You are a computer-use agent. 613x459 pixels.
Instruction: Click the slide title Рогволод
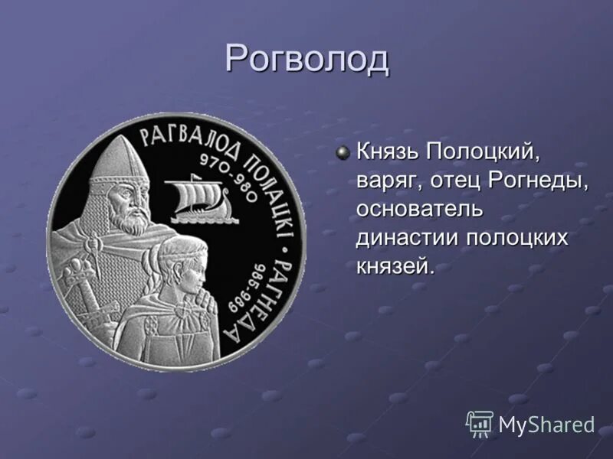[x=307, y=59]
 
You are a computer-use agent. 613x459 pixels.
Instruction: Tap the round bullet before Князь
[x=344, y=153]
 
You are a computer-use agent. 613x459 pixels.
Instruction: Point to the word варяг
[x=385, y=181]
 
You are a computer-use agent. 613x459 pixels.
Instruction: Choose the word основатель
[x=419, y=209]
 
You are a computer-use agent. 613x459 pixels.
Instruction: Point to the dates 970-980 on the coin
[x=225, y=176]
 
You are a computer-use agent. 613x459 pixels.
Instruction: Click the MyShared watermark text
[x=546, y=425]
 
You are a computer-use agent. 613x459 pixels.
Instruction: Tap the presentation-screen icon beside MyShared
[x=480, y=423]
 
